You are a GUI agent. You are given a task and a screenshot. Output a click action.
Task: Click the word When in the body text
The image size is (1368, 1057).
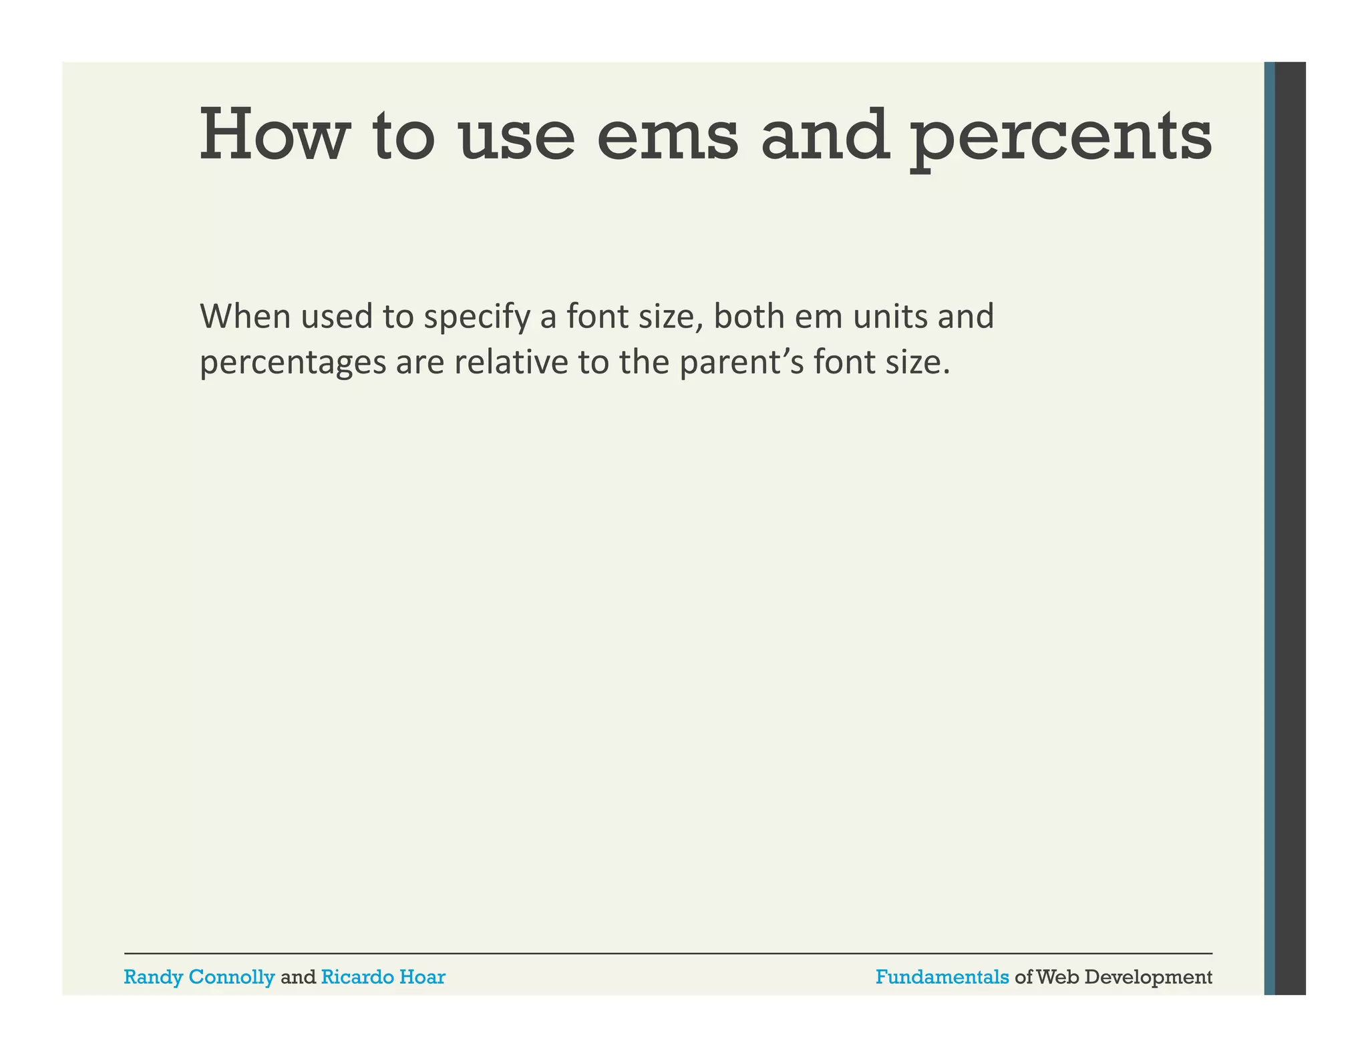(245, 317)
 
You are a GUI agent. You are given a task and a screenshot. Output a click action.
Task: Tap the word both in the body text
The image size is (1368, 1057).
(749, 317)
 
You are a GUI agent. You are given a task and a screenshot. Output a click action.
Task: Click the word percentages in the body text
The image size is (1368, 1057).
(293, 364)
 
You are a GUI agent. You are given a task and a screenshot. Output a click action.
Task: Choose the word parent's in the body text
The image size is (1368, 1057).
(741, 364)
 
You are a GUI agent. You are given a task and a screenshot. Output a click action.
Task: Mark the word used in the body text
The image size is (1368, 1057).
(337, 317)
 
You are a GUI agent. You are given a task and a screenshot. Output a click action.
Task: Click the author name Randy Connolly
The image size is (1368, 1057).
(199, 977)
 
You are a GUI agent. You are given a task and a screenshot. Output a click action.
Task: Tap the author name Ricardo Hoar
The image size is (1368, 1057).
(383, 977)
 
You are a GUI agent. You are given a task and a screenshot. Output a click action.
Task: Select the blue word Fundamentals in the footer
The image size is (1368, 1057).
(942, 977)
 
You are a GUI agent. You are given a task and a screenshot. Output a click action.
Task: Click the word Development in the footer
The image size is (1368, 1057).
(1148, 978)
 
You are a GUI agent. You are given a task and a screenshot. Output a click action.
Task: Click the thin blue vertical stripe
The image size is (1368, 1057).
(1269, 528)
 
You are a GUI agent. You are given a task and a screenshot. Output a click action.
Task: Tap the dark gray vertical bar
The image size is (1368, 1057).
(1291, 528)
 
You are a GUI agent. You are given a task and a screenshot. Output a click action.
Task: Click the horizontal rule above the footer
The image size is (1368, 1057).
(668, 953)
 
